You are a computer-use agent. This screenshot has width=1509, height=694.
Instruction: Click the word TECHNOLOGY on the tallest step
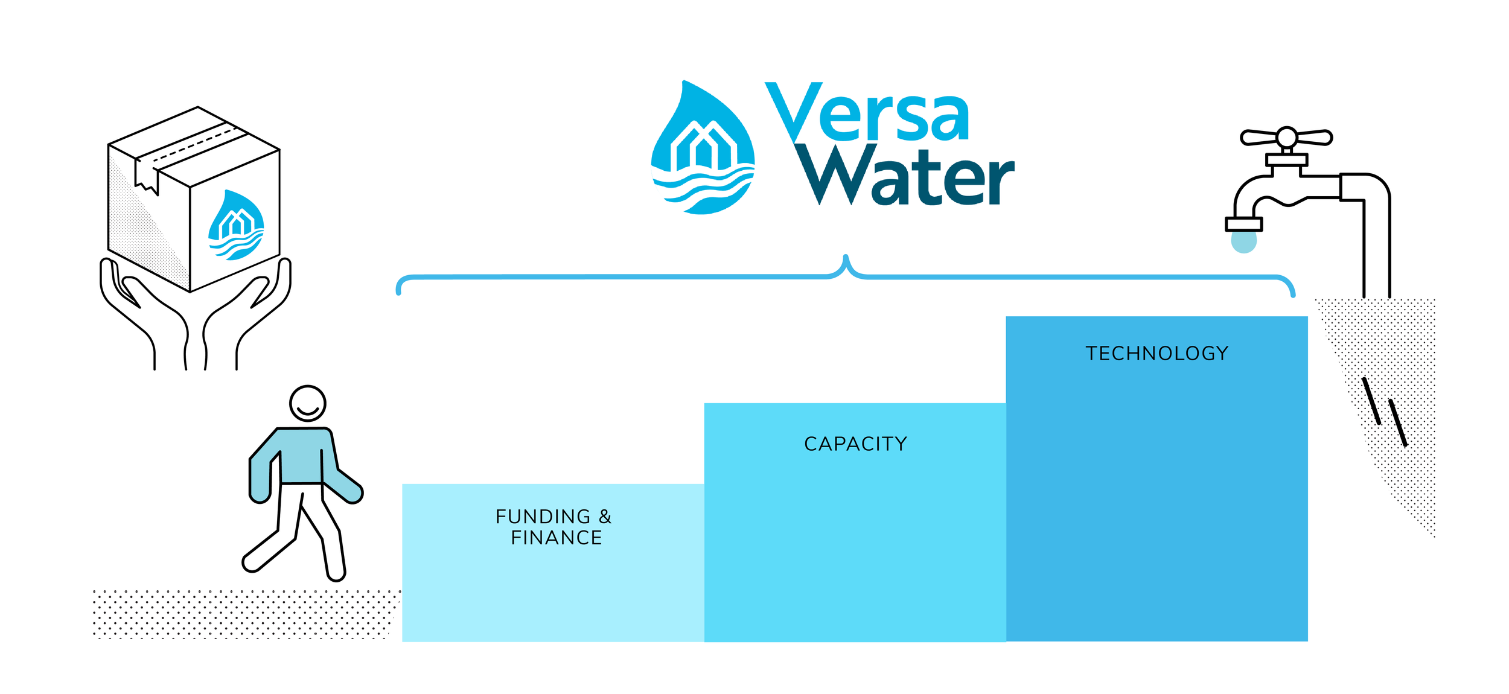pyautogui.click(x=1156, y=353)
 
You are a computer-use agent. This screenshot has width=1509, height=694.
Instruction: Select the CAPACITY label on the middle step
pyautogui.click(x=855, y=444)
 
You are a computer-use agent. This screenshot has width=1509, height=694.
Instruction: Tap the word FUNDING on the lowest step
pyautogui.click(x=543, y=517)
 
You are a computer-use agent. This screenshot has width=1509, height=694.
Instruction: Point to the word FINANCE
pyautogui.click(x=556, y=538)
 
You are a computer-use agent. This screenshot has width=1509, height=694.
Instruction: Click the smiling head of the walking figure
pyautogui.click(x=307, y=403)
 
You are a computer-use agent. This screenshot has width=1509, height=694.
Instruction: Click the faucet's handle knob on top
pyautogui.click(x=1286, y=137)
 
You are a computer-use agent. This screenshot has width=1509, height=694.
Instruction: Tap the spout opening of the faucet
pyautogui.click(x=1243, y=224)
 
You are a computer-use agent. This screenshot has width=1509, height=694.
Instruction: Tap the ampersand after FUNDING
pyautogui.click(x=605, y=517)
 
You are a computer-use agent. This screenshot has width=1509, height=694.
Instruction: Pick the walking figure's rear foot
pyautogui.click(x=252, y=563)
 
